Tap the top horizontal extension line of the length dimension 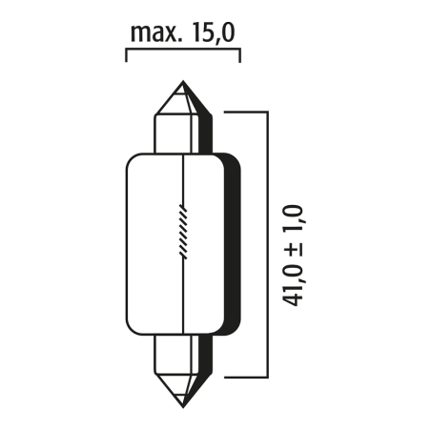coord(244,111)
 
